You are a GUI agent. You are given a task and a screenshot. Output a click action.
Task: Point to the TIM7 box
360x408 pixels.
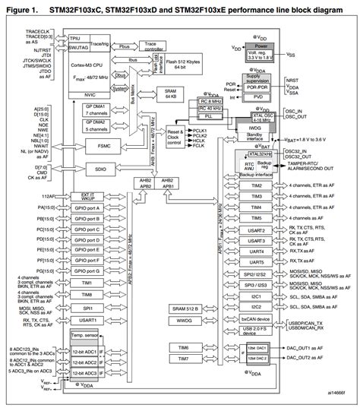tap(185, 358)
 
